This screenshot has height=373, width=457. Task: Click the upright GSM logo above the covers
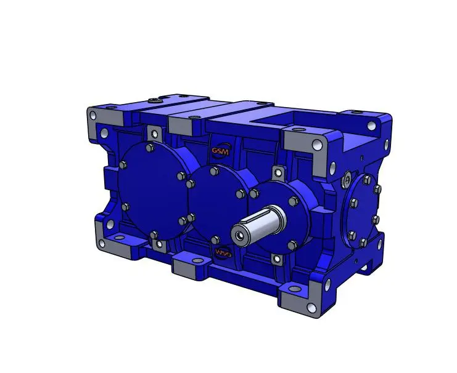tap(219, 151)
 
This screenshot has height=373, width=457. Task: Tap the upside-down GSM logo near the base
tap(222, 252)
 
